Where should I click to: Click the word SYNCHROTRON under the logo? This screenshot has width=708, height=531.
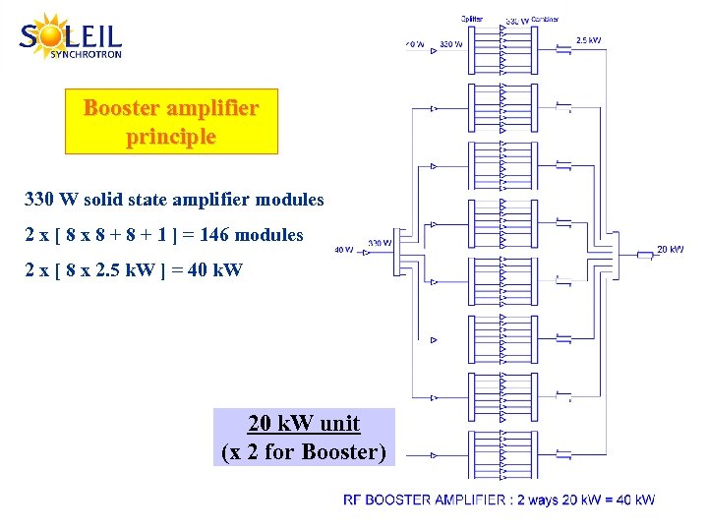[86, 55]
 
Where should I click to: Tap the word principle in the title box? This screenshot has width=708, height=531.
[171, 137]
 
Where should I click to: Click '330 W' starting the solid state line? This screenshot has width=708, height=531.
[50, 200]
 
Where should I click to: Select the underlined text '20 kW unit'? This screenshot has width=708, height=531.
[304, 424]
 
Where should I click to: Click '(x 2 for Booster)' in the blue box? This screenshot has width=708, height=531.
[304, 452]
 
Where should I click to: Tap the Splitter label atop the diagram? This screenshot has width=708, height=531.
[471, 18]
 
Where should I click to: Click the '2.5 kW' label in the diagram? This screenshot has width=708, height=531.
[588, 40]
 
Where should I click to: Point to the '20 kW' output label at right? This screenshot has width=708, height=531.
[670, 249]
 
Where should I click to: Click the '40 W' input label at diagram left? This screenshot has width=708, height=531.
[344, 250]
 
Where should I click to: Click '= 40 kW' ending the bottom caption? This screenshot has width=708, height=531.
[633, 500]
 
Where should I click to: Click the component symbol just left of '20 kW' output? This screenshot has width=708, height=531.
[644, 255]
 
